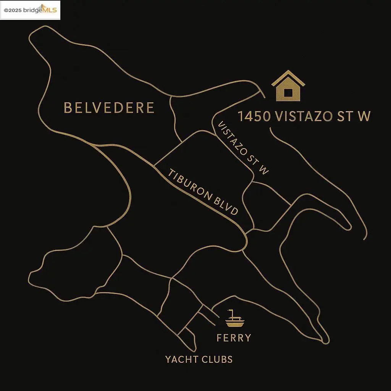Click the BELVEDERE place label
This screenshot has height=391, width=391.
pos(109,108)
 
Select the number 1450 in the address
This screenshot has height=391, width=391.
pos(254,116)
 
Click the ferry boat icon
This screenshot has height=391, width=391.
pos(234,318)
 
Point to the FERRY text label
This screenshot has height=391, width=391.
pos(234,338)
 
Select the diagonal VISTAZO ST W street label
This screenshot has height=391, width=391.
pos(241,148)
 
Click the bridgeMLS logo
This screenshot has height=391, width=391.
pos(44,10)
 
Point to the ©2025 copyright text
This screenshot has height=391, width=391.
pos(13,11)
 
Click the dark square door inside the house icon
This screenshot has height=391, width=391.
pos(288,92)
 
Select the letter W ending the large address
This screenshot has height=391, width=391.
pos(363,116)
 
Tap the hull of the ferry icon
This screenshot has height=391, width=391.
pos(234,324)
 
